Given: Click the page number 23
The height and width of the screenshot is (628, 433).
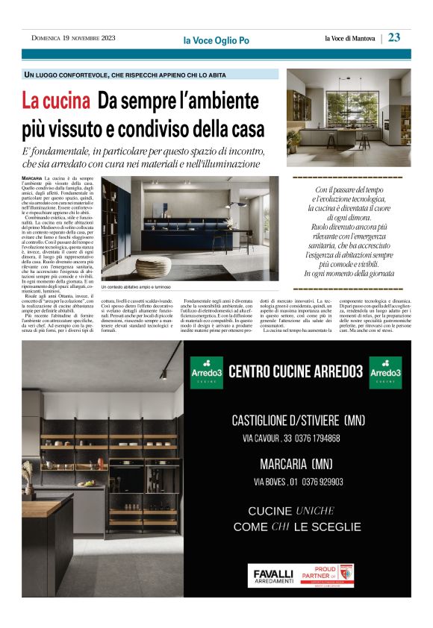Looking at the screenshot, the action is [393, 37].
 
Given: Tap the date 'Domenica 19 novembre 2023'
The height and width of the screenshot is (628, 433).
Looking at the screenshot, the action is [73, 38].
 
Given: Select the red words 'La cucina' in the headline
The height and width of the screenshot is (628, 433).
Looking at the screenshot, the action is [56, 100].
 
